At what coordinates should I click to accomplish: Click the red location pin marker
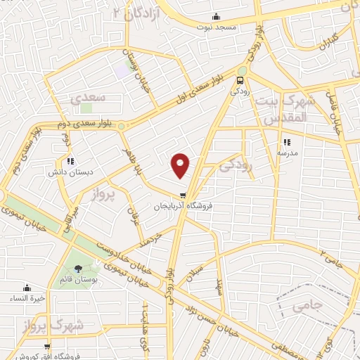[181, 165]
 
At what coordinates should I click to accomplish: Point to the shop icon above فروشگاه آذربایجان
[184, 195]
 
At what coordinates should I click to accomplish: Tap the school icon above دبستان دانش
[70, 161]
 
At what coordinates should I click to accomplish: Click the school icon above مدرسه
[285, 141]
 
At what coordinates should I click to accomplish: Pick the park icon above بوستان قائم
[78, 268]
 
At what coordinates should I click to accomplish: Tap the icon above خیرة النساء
[27, 287]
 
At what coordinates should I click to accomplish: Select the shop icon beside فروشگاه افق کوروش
[46, 346]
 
